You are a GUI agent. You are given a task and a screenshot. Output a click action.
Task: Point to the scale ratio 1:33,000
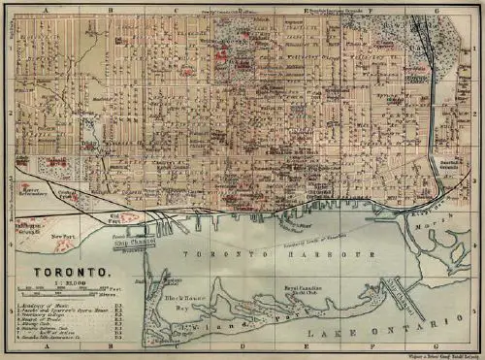(64, 282)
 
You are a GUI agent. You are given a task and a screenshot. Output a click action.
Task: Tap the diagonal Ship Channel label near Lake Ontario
(402, 290)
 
